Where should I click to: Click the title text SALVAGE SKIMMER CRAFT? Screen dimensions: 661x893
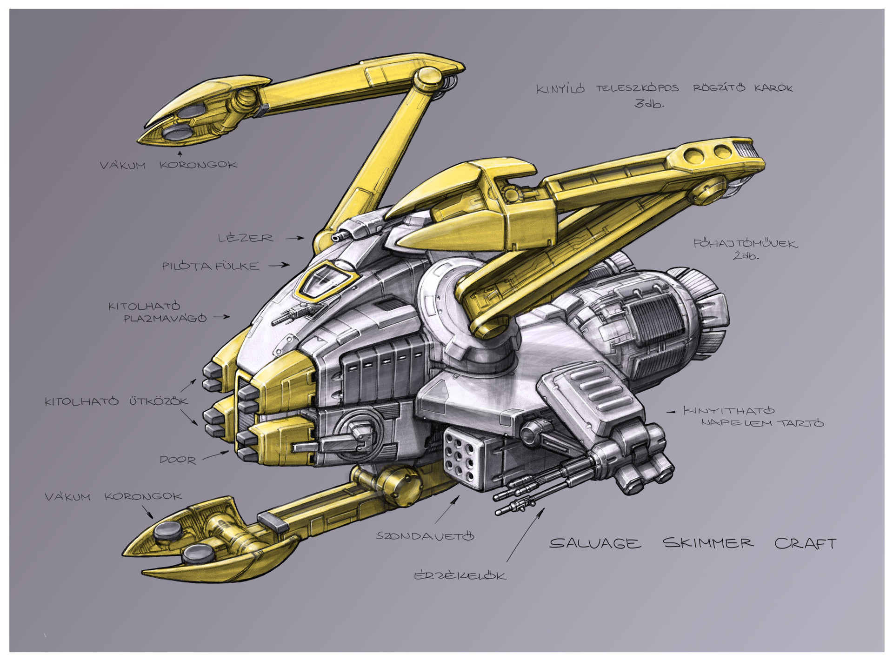click(x=693, y=543)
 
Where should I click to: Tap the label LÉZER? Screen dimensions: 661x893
click(x=246, y=238)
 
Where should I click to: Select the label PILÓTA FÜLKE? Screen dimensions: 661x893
click(x=210, y=266)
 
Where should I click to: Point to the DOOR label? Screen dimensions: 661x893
click(x=178, y=460)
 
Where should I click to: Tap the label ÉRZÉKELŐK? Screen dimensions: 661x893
click(x=460, y=575)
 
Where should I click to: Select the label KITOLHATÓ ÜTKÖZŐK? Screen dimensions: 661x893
click(x=116, y=401)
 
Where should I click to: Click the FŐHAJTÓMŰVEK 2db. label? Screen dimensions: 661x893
click(x=746, y=249)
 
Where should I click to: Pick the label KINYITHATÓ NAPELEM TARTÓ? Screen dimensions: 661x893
click(x=753, y=417)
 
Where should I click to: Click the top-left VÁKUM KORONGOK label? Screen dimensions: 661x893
click(x=168, y=165)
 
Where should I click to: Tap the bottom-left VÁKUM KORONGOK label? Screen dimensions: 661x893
click(x=113, y=497)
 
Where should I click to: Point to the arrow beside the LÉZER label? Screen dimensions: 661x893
click(x=294, y=238)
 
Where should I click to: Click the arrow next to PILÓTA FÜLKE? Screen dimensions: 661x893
click(x=279, y=266)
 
